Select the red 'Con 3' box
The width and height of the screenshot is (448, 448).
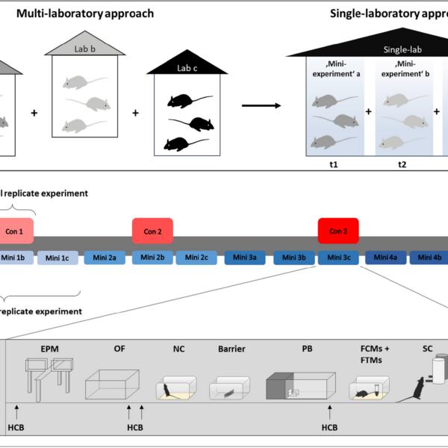point(338,231)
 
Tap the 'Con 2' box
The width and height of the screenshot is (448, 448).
point(152,231)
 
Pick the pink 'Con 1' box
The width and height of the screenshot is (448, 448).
point(15,231)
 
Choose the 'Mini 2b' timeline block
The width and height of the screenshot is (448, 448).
point(152,258)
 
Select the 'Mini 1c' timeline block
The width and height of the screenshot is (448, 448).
point(57,258)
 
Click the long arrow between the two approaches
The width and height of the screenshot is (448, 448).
point(256,105)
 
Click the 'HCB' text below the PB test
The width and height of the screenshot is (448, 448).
point(330,427)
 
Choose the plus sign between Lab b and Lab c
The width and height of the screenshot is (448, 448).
point(135,113)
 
